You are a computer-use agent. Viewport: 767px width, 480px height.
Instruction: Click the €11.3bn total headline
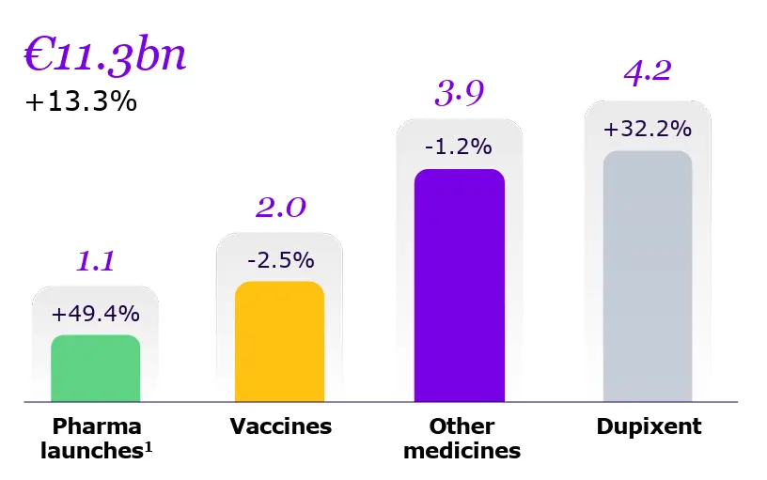(104, 55)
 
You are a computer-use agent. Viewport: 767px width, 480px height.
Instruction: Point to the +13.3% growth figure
(81, 101)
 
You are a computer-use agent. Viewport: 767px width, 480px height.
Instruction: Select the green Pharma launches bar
(95, 368)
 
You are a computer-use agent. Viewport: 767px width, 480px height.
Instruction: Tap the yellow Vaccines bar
(279, 342)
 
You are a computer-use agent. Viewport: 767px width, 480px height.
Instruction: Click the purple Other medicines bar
(459, 286)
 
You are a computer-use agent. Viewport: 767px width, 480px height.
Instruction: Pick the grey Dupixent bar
(648, 276)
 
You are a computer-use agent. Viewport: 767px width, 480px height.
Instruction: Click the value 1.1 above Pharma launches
(95, 260)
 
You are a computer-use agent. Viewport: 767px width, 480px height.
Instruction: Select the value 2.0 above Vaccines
(280, 207)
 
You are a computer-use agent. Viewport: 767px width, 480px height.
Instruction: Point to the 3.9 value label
(459, 93)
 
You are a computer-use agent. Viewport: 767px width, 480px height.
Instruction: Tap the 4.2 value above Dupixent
(648, 71)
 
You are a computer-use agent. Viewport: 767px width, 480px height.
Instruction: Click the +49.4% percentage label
(95, 313)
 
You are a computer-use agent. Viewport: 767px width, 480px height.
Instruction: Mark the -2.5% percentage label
(280, 259)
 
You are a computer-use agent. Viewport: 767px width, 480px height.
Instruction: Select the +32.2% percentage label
(648, 128)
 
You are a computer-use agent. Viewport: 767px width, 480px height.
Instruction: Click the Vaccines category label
(281, 426)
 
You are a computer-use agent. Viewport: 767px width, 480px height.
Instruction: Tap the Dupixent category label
(649, 426)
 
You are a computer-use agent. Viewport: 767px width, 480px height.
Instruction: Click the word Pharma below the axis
(97, 426)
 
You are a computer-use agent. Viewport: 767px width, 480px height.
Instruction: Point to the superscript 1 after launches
(149, 446)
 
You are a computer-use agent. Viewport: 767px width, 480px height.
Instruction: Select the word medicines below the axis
(462, 451)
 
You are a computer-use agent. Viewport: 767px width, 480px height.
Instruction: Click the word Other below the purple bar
(462, 426)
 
